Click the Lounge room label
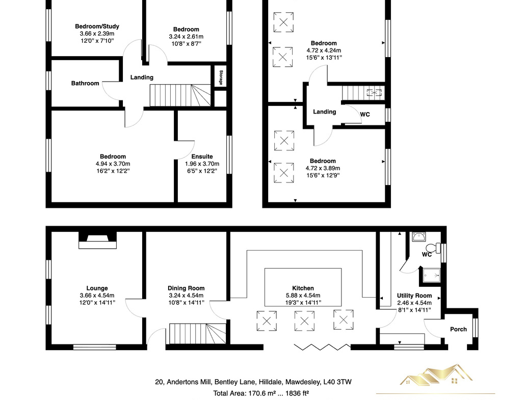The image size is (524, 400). click(x=97, y=288)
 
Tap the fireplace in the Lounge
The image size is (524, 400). click(x=97, y=241)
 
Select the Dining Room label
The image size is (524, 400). click(x=186, y=288)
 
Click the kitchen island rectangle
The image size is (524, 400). click(x=303, y=287)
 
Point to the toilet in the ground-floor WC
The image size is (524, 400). click(x=434, y=248)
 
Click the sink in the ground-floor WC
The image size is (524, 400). click(x=418, y=237)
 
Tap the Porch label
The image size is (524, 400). click(x=458, y=329)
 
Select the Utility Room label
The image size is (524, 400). click(x=414, y=296)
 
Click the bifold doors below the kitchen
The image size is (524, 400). click(x=322, y=347)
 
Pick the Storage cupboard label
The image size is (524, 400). click(x=221, y=77)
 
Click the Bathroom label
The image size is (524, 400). click(x=85, y=83)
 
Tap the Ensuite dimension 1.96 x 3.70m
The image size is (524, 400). click(x=202, y=164)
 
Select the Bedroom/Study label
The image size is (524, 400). click(x=97, y=26)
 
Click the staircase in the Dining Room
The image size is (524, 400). click(x=197, y=335)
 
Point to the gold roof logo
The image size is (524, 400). click(x=436, y=375)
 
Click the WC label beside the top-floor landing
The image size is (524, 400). click(x=365, y=114)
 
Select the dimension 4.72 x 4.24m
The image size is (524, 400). click(x=324, y=50)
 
